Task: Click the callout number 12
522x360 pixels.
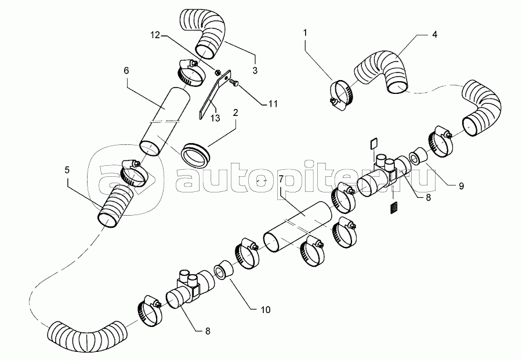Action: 155,35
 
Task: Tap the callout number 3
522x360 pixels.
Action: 255,71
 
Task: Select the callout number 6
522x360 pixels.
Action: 126,71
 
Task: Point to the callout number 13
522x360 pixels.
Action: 215,118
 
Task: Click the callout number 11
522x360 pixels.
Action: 273,104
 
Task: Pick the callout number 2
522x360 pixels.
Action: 235,112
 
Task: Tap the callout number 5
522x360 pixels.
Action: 67,170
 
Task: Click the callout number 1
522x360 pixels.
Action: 305,32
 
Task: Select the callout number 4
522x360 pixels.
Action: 434,34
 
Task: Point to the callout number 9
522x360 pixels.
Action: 461,186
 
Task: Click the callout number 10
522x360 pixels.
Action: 265,310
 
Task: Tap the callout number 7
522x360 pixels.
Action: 281,179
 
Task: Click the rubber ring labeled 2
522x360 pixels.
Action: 195,155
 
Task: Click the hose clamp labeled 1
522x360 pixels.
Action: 340,96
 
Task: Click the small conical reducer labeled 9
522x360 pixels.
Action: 417,156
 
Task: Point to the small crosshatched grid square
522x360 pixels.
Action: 394,208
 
